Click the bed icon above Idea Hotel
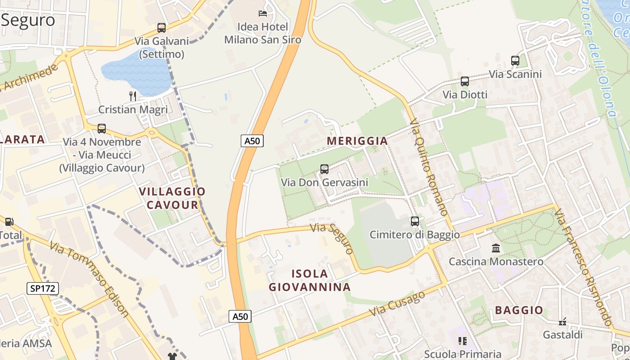click(x=263, y=13)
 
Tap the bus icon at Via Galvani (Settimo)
click(x=162, y=28)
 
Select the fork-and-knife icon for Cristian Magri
click(x=132, y=96)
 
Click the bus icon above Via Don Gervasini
click(x=324, y=169)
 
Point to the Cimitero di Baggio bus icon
click(x=415, y=221)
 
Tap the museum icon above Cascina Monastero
click(x=496, y=248)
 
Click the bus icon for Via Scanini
click(x=515, y=60)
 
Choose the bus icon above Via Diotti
click(x=465, y=81)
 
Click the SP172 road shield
click(x=43, y=288)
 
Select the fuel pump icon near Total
click(x=9, y=221)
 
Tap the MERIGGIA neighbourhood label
click(x=357, y=141)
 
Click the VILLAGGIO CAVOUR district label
click(x=172, y=198)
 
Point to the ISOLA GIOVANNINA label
click(x=310, y=280)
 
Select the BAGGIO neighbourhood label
click(x=519, y=310)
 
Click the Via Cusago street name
click(x=397, y=303)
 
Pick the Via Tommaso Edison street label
click(x=90, y=279)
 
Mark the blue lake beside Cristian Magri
click(x=137, y=72)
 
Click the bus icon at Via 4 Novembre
click(x=102, y=129)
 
